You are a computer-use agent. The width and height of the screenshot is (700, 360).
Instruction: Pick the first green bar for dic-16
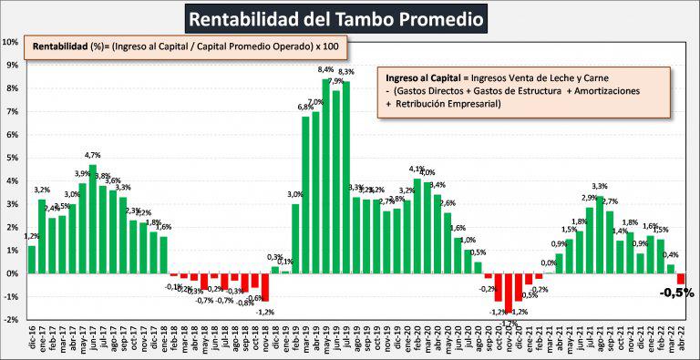[32, 259]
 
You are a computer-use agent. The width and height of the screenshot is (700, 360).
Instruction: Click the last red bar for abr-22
[680, 279]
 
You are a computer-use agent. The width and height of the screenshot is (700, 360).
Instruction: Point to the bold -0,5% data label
[676, 293]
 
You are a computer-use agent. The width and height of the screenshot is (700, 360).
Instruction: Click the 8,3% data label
[346, 72]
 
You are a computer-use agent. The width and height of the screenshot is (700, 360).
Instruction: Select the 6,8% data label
[306, 108]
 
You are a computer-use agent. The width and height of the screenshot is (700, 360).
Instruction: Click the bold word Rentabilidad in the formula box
[59, 46]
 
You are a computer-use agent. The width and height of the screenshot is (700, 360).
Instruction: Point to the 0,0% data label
[549, 264]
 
